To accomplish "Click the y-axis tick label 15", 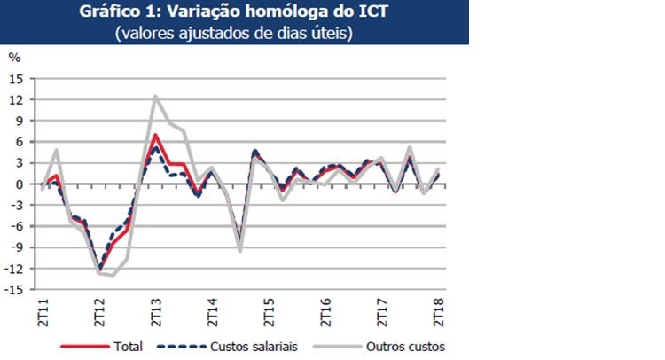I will coord(16,78).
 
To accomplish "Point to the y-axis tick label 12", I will coord(16,99).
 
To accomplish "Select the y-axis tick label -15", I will coord(14,289).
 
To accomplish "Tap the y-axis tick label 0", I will coord(19,184).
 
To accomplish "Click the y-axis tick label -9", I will coord(16,247).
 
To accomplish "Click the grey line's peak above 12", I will coord(156,96).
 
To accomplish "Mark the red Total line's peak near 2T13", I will coord(156,135).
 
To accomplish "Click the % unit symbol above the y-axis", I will coord(14,57).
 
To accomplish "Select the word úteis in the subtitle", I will coord(335,34).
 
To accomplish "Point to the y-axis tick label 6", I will coord(19,142).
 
